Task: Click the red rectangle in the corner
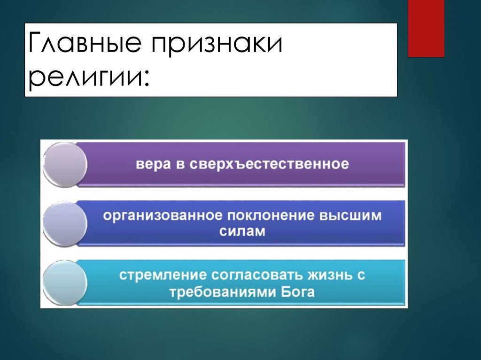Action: [x=426, y=29]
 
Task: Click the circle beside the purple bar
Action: [x=65, y=165]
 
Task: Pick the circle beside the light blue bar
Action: [x=65, y=283]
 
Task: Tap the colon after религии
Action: [x=146, y=81]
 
